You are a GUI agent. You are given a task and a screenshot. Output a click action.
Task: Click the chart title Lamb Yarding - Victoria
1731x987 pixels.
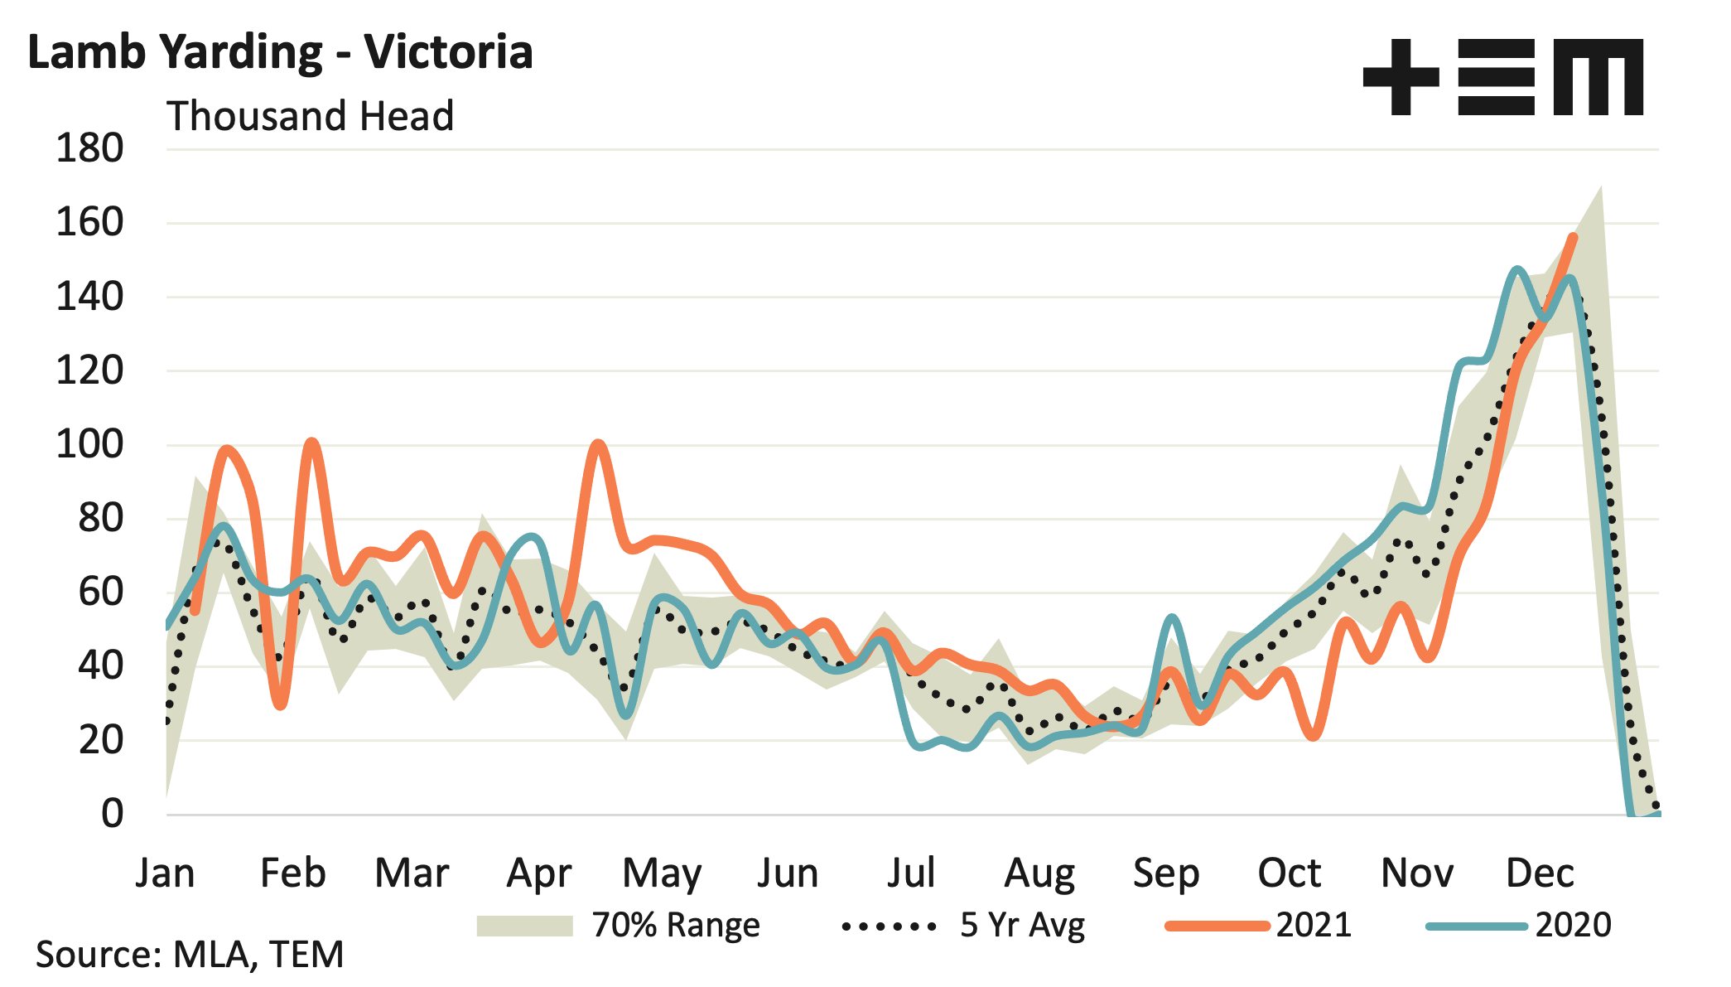280,52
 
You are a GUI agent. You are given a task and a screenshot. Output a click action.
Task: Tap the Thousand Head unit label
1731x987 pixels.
310,116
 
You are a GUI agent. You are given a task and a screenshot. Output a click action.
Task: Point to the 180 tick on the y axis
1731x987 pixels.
89,149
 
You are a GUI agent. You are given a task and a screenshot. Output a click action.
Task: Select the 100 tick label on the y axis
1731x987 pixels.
89,445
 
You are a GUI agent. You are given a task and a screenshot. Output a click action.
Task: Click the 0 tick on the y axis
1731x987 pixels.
112,814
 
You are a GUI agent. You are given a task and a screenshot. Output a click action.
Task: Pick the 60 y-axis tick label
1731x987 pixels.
100,593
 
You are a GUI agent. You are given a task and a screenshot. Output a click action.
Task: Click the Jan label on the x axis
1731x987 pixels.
165,873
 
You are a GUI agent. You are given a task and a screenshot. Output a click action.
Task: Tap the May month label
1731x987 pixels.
662,873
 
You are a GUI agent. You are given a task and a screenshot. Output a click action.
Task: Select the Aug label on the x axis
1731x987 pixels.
1039,873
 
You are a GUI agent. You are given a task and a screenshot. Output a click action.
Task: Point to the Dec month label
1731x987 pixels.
1540,873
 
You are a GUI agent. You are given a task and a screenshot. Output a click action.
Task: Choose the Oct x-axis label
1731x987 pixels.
1289,873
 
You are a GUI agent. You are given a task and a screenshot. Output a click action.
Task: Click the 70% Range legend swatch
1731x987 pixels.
524,926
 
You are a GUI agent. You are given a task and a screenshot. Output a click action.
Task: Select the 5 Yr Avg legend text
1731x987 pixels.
1022,925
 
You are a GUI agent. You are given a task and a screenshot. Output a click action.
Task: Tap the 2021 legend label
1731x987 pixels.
1314,925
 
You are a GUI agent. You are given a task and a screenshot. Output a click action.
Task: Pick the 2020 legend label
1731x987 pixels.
1573,925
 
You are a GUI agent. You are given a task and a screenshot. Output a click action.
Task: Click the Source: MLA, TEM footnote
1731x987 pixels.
190,955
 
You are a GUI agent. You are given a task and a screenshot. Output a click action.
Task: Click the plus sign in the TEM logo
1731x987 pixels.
1401,77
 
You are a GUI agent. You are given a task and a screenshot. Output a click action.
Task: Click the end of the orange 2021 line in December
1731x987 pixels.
1573,237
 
